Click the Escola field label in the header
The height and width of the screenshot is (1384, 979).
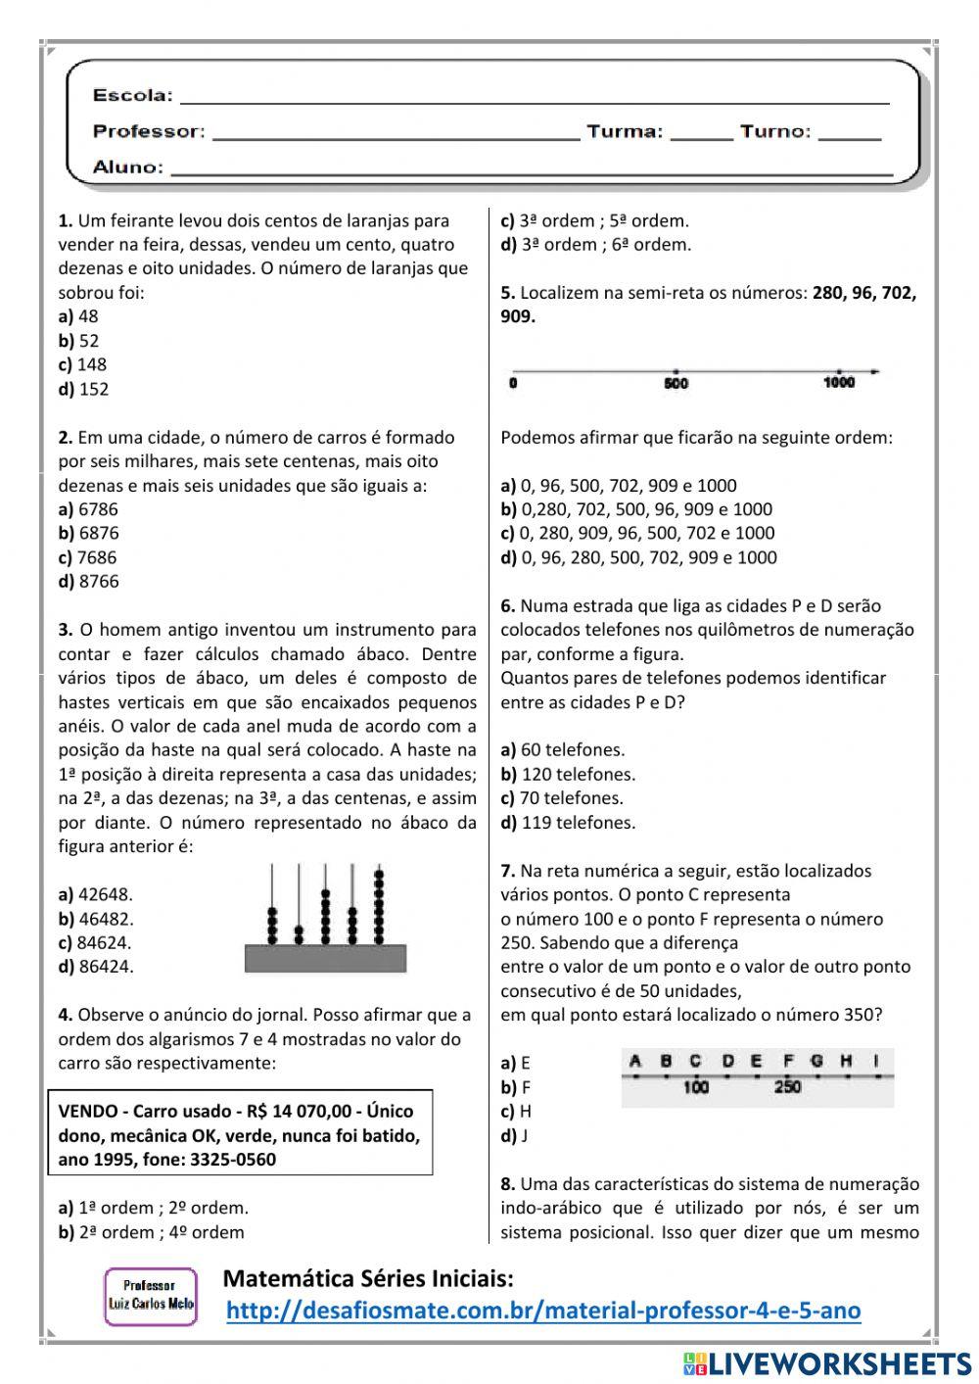point(132,95)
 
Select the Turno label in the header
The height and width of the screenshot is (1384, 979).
point(775,131)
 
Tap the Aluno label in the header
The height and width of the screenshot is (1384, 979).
point(128,167)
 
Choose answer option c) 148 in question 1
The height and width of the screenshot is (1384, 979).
point(83,364)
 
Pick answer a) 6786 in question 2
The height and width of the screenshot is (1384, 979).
point(88,509)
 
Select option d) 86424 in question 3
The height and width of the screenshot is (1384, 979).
point(96,967)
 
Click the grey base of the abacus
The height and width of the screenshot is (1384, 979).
point(324,958)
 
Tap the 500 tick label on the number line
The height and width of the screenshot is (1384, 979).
point(676,384)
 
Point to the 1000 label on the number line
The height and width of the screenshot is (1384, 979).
point(839,383)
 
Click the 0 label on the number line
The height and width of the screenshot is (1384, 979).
point(513,384)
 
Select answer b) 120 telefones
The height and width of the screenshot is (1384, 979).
point(568,774)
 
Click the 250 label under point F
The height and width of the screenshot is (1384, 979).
point(788,1087)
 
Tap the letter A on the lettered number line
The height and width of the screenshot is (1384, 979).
point(634,1060)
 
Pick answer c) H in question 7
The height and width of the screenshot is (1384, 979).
point(516,1112)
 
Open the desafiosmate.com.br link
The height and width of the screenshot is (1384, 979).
point(543,1311)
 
